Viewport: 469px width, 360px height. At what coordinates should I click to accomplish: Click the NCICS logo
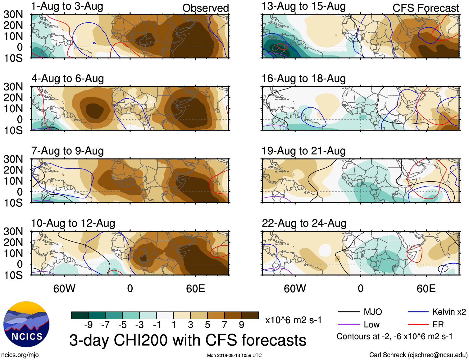coord(26,324)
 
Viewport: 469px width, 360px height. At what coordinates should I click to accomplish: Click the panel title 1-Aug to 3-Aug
coord(67,7)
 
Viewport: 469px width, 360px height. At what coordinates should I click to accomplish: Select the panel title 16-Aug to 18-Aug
coord(303,79)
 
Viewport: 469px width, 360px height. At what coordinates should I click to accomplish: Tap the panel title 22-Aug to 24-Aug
coord(304,223)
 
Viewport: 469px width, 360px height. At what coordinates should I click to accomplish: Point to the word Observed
coord(205,8)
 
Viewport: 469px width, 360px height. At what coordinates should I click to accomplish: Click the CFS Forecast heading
coord(426,8)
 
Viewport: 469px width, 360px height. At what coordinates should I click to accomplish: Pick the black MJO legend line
coord(348,312)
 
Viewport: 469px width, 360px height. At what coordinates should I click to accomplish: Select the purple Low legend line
coord(348,325)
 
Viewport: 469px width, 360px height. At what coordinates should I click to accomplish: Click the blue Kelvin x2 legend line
coord(418,312)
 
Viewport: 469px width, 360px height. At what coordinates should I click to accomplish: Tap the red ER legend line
coord(418,325)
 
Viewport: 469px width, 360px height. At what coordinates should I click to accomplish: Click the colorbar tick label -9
coord(88,325)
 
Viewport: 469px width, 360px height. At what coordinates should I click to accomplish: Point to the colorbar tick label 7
coord(225,325)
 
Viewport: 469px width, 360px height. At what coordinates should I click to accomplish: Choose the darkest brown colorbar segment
coord(250,315)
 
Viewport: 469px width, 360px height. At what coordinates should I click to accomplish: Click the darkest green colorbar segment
coord(80,315)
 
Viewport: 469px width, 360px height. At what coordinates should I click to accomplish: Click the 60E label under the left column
coord(195,288)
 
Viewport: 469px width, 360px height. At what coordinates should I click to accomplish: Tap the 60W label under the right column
coord(295,288)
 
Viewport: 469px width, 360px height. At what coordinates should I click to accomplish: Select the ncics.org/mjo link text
coord(20,355)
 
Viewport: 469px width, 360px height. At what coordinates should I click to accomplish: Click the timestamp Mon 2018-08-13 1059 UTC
coord(234,355)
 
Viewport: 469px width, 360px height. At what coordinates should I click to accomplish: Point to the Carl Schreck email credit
coord(418,355)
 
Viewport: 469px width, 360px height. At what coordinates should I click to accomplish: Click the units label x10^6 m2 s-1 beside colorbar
coord(293,320)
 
